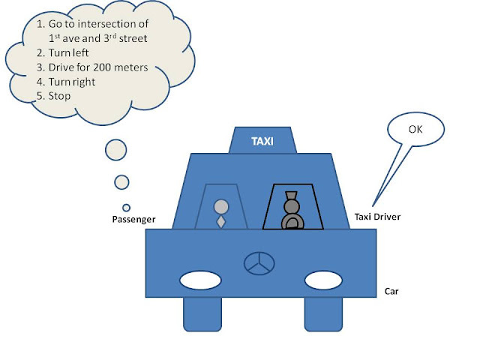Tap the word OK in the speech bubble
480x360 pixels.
point(416,129)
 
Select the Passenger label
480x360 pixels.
point(133,220)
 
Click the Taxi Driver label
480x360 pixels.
point(377,217)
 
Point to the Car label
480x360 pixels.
point(391,291)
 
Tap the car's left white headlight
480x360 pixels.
point(200,280)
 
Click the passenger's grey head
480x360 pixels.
point(220,205)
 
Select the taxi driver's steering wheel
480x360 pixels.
point(290,220)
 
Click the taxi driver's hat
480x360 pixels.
point(290,194)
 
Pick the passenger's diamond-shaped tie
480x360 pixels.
point(220,222)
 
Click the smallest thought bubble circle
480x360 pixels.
point(126,208)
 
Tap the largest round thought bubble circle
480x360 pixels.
point(117,150)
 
